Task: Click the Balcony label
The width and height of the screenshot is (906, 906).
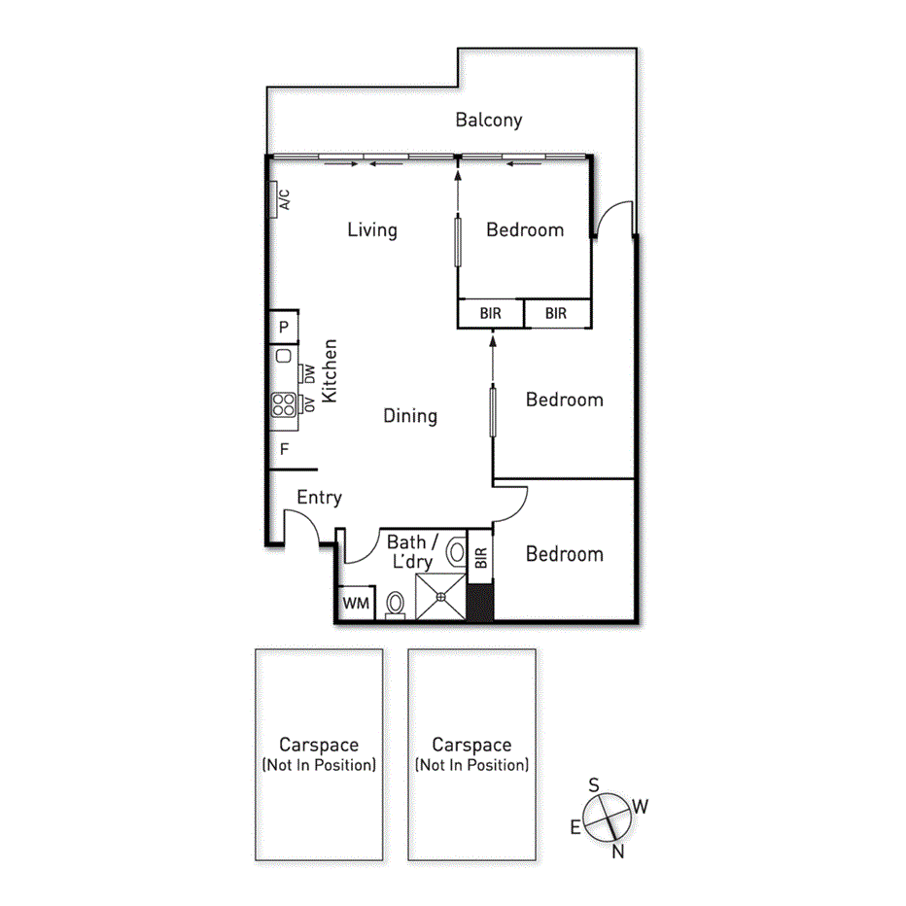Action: (x=489, y=121)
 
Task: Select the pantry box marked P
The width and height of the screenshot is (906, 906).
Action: (x=284, y=328)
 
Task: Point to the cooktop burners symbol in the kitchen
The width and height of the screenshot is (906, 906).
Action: (x=283, y=403)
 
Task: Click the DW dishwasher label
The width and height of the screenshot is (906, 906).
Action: (x=309, y=373)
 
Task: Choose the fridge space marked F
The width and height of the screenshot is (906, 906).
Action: (x=284, y=449)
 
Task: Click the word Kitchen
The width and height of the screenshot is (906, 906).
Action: (x=331, y=370)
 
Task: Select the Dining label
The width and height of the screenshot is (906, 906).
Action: (x=410, y=416)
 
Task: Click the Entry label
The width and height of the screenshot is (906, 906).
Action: (x=319, y=498)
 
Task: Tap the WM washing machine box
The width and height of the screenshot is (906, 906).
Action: (x=356, y=603)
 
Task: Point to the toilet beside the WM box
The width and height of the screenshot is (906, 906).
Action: (x=395, y=604)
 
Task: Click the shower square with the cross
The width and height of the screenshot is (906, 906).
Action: (x=440, y=595)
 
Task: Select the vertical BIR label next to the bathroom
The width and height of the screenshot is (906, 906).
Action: (x=480, y=558)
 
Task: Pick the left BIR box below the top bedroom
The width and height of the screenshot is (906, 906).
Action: (x=490, y=314)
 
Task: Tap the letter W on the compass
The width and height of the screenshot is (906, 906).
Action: (x=641, y=806)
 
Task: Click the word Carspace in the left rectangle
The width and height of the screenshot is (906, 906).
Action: (x=318, y=746)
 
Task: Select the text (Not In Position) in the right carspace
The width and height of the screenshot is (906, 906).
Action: (x=471, y=765)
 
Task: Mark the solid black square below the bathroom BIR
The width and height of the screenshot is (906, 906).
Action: (x=480, y=601)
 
